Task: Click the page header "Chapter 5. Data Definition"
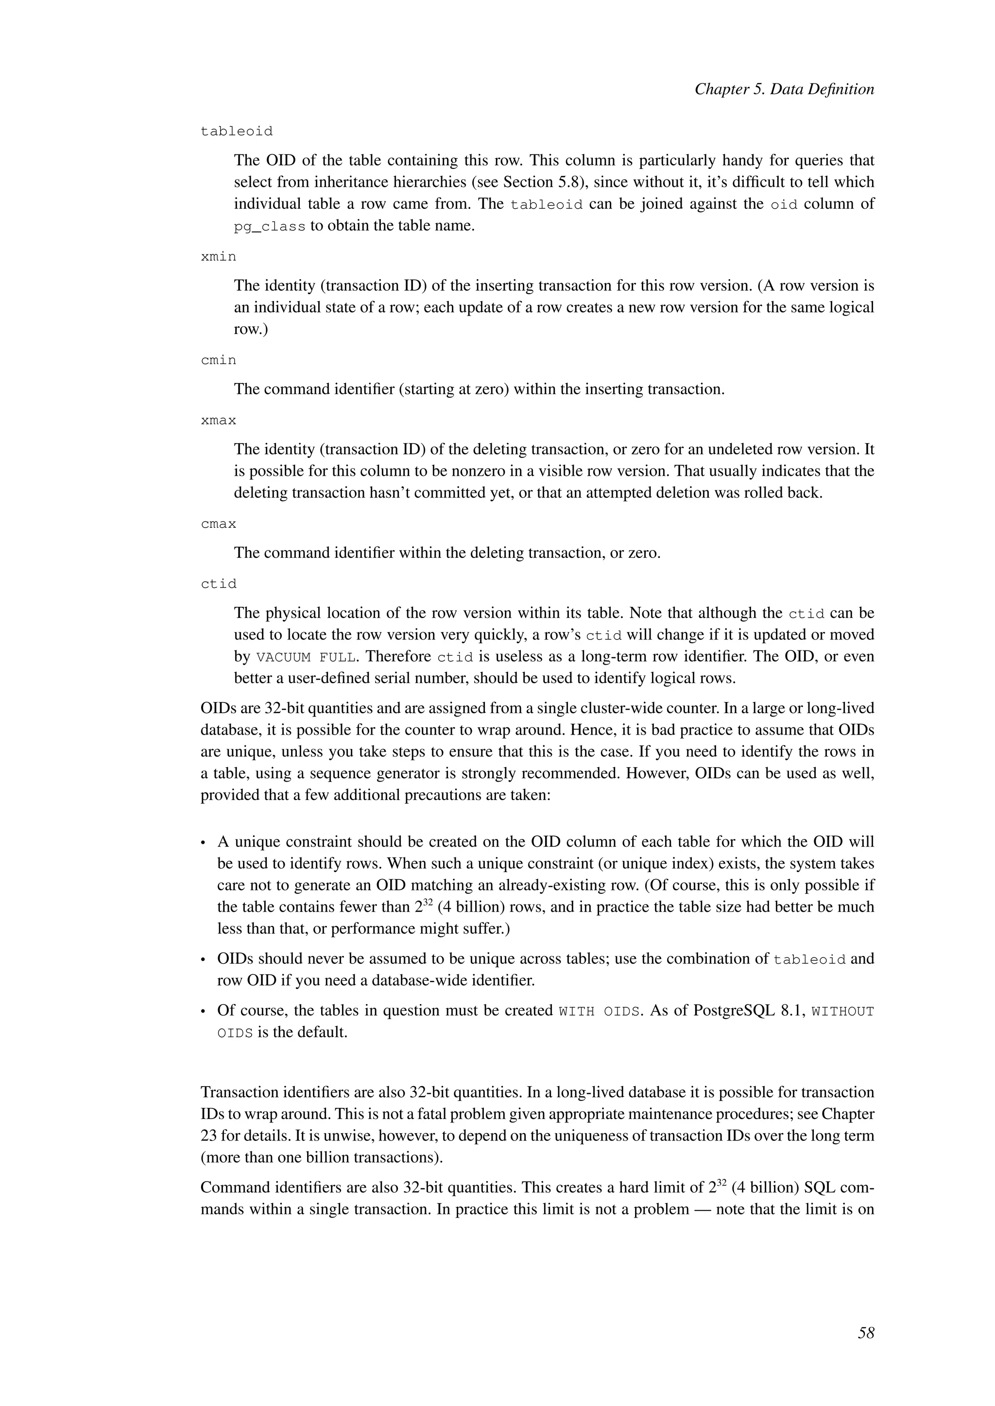784,89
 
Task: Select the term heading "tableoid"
237,132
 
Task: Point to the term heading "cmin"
218,361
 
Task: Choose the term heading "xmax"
218,421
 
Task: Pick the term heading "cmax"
218,524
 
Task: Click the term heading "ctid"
218,584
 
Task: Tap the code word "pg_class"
270,227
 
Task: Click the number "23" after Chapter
209,1136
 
